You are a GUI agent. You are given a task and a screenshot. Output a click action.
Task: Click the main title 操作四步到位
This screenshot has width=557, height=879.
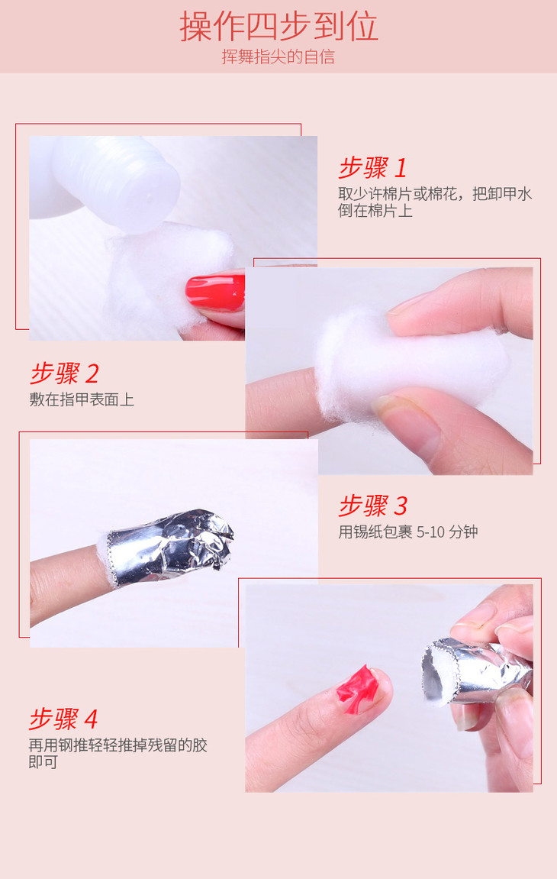[x=278, y=27]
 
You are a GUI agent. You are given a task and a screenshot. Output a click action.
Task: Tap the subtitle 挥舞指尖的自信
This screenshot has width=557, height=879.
[x=278, y=57]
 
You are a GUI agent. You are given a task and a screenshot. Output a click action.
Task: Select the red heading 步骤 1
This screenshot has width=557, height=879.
[x=372, y=167]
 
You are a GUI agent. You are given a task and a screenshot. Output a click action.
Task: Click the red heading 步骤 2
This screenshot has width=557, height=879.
[x=64, y=373]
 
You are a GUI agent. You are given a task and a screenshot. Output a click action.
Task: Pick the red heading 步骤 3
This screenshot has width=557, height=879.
[x=372, y=505]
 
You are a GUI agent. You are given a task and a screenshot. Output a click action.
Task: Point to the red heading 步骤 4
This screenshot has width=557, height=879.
[x=63, y=719]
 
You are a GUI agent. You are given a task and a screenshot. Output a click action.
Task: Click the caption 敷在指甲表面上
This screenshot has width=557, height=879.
[x=82, y=399]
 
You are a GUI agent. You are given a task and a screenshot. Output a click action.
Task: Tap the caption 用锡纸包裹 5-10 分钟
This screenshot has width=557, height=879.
[x=408, y=532]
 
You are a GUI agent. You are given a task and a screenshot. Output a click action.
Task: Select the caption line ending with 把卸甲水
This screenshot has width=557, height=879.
[x=435, y=194]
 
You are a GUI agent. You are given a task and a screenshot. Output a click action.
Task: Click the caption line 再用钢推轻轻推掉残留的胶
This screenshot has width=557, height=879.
[x=118, y=745]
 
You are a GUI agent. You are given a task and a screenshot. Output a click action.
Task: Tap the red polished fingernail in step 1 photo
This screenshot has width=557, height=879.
[x=215, y=292]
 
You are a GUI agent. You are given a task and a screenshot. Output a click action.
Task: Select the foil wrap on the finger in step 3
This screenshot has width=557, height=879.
[x=168, y=548]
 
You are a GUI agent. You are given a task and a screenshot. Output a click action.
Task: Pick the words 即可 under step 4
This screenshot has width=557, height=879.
[x=43, y=762]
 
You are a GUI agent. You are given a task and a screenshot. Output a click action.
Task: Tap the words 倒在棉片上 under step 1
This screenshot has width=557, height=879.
[x=375, y=211]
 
